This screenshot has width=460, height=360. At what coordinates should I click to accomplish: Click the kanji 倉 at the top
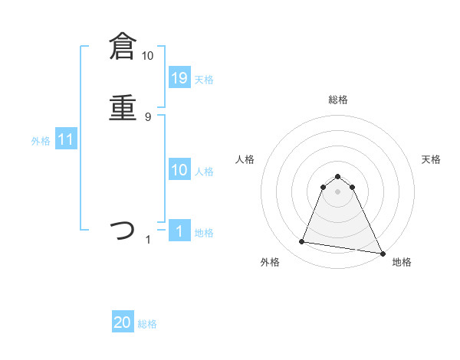(x=122, y=47)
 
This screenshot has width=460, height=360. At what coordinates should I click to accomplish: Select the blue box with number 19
(x=179, y=77)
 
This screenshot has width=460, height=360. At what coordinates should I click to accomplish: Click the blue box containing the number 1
(x=179, y=231)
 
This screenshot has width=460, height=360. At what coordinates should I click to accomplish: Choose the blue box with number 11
(x=66, y=139)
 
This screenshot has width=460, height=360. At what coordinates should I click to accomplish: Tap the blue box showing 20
(x=123, y=322)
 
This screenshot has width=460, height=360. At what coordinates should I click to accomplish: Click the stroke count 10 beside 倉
(x=147, y=56)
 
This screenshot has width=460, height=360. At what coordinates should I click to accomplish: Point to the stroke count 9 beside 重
(x=148, y=116)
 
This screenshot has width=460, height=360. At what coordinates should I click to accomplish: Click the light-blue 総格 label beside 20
(x=148, y=324)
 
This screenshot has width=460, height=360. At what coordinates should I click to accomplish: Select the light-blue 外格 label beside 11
(x=41, y=141)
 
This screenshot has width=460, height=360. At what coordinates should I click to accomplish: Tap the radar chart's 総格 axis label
(x=338, y=100)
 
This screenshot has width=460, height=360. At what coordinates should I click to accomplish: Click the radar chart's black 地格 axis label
(x=402, y=262)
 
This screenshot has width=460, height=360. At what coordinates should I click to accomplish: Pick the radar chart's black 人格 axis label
(x=245, y=159)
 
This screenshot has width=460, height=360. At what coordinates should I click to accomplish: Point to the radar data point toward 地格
(x=382, y=254)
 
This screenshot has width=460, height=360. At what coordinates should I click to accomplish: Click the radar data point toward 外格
(x=302, y=242)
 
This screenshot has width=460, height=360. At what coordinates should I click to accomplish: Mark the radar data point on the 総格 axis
(x=338, y=174)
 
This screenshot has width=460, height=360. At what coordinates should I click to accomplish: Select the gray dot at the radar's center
(x=338, y=191)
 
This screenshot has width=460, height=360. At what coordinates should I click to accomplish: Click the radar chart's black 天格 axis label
(x=431, y=159)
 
